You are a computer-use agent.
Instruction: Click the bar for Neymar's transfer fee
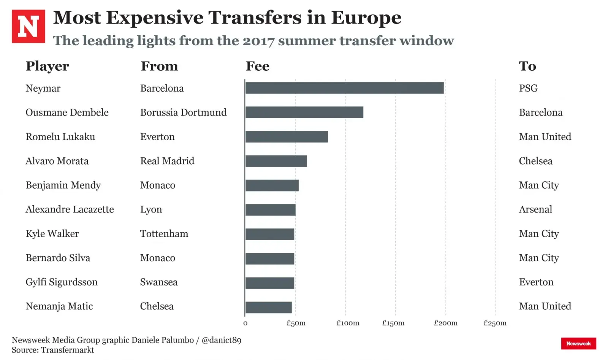coord(344,88)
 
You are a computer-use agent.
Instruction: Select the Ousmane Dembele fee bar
coord(304,112)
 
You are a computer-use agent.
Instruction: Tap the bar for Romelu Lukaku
coord(287,136)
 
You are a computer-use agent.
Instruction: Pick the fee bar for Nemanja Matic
coord(268,307)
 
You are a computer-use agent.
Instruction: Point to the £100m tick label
coord(348,323)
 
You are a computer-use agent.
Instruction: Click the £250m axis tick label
coord(495,323)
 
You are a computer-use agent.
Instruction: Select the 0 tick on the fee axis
coord(245,323)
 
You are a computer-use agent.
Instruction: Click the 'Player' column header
coord(47,66)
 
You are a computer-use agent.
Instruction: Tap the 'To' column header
coord(527,66)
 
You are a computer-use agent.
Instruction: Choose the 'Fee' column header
coord(257,66)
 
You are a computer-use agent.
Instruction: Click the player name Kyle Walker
coord(52,233)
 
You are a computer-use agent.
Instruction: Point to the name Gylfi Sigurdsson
coord(62,282)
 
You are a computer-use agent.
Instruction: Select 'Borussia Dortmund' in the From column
coord(183,113)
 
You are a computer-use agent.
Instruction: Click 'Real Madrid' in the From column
coord(167,161)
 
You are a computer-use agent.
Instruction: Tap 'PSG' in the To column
coord(528,88)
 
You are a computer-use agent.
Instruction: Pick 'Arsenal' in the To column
coord(535,209)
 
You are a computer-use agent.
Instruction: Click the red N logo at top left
coord(28,26)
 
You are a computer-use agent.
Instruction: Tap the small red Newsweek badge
coord(578,343)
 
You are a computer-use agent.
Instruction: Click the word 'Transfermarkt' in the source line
coord(67,350)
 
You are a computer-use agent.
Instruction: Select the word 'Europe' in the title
coord(366,18)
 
